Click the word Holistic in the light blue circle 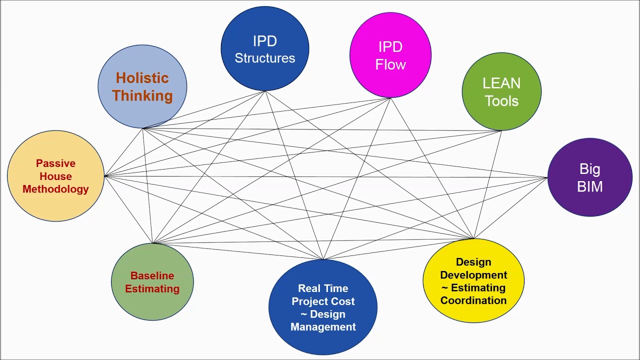click(142, 78)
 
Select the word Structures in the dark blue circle click(264, 58)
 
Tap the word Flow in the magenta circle click(390, 64)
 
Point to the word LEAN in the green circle click(501, 83)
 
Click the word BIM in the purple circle click(590, 186)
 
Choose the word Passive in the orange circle click(55, 163)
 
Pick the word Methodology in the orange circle click(55, 189)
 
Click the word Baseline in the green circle click(152, 275)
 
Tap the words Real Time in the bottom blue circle click(323, 288)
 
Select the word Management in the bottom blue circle click(323, 327)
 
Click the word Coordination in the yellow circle click(473, 300)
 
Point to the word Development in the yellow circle click(473, 275)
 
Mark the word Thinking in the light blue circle click(142, 95)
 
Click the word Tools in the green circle click(501, 101)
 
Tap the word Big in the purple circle click(590, 169)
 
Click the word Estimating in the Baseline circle click(152, 288)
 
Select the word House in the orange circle click(55, 176)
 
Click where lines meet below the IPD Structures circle click(265, 91)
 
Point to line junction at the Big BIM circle click(547, 177)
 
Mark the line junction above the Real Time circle click(323, 259)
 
